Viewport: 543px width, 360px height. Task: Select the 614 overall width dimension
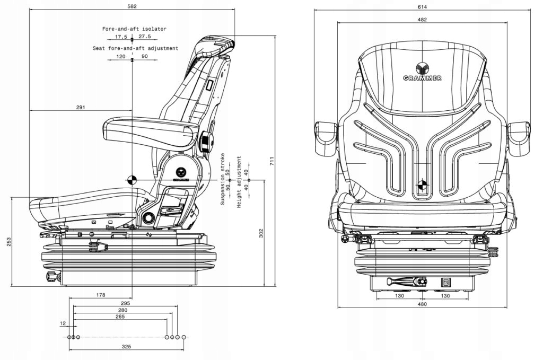point(422,6)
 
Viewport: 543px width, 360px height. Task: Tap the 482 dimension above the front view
point(422,20)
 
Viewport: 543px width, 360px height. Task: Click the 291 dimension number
point(81,107)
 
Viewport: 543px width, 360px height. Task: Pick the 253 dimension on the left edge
point(7,241)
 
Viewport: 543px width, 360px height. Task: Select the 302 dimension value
point(261,233)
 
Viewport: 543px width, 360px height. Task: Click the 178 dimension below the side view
point(100,294)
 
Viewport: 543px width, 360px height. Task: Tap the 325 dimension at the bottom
point(126,346)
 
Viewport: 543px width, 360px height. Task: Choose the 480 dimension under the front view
point(422,304)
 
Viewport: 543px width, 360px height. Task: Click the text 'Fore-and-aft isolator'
point(135,29)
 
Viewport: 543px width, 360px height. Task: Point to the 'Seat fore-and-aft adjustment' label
point(135,48)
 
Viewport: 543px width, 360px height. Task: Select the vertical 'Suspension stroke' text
point(223,179)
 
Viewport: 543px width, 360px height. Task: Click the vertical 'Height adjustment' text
point(240,182)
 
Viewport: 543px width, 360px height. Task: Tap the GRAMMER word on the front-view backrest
point(423,78)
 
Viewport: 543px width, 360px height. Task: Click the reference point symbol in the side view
point(132,180)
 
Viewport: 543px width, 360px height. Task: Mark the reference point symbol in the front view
point(423,185)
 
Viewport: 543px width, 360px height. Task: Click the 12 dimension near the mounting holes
point(63,323)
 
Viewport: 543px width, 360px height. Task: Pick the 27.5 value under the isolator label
point(145,37)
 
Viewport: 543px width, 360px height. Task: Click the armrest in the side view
point(148,127)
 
